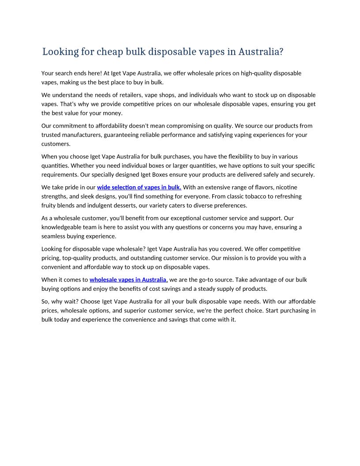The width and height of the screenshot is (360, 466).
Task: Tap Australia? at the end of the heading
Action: (x=261, y=52)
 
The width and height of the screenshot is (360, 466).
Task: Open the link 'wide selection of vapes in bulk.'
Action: (x=139, y=188)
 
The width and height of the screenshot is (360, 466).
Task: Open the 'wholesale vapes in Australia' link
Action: (x=128, y=280)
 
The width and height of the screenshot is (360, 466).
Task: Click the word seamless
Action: (x=53, y=236)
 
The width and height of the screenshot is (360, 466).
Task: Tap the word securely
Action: (x=303, y=174)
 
